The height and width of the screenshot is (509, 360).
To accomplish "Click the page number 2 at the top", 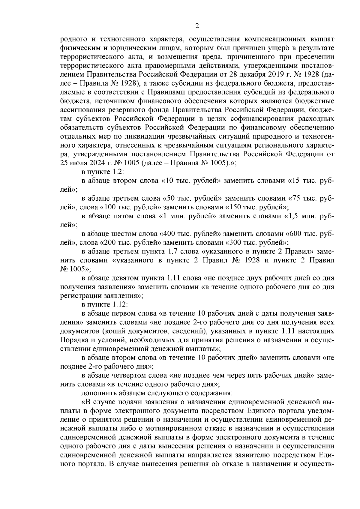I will click(197, 26).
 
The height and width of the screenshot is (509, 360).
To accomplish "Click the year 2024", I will click(96, 163).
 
